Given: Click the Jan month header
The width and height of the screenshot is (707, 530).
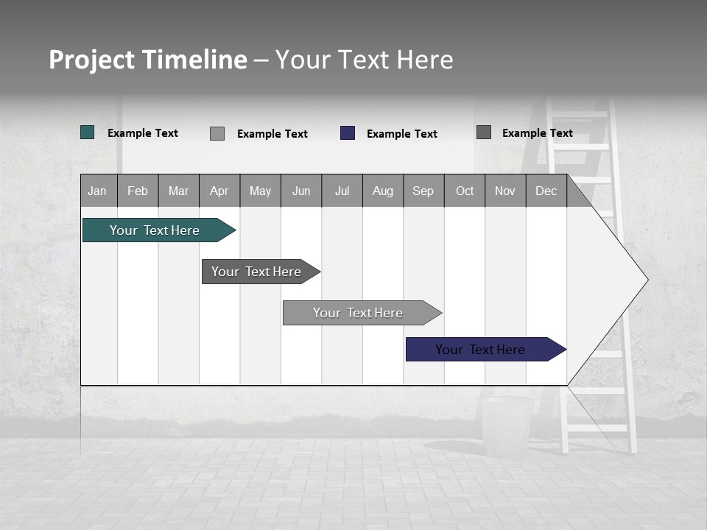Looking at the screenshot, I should click(x=98, y=191).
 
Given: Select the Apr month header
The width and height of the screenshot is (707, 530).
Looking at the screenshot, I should click(x=219, y=191).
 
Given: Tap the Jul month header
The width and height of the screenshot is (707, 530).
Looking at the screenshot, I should click(x=342, y=191).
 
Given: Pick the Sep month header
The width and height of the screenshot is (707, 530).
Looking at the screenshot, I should click(x=423, y=191).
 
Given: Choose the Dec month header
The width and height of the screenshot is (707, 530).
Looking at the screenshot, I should click(x=546, y=191).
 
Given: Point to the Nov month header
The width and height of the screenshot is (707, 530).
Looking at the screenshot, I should click(x=505, y=191).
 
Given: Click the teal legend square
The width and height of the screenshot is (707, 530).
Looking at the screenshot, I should click(x=88, y=132).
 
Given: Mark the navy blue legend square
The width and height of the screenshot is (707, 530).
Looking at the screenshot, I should click(x=348, y=133).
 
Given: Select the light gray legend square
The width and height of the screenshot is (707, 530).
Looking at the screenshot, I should click(x=217, y=133).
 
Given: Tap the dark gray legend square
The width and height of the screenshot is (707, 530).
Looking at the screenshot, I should click(x=484, y=132).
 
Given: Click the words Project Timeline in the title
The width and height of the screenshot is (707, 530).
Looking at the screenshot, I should click(x=148, y=60).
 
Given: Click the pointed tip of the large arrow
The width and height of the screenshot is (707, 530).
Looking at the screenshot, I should click(x=646, y=280).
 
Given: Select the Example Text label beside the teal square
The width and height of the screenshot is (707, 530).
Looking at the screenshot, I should click(x=143, y=133).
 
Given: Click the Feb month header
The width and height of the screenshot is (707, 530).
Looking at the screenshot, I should click(x=138, y=191).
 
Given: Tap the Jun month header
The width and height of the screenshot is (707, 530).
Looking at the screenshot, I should click(x=301, y=191).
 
